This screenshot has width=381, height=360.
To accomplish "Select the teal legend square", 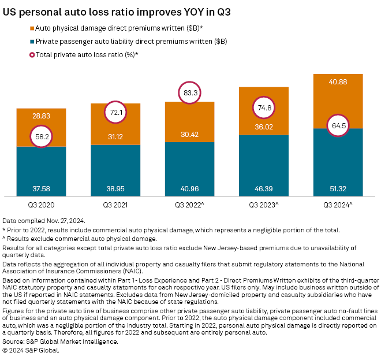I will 31,41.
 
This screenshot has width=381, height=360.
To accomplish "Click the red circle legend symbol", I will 31,54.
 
